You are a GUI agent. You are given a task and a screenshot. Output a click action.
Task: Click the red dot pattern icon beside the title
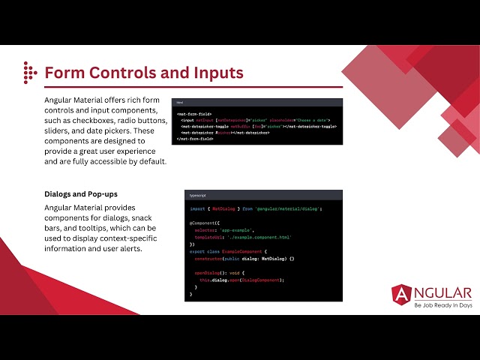tap(29, 72)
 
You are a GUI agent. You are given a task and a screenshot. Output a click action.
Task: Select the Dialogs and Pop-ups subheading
tap(81, 194)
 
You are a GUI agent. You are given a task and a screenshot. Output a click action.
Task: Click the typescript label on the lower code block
tap(199, 194)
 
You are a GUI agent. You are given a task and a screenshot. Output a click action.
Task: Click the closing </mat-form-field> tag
tap(195, 139)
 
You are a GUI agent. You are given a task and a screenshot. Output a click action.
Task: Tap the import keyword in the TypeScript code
tap(197, 208)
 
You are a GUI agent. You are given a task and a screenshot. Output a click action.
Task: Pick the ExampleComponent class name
tap(239, 251)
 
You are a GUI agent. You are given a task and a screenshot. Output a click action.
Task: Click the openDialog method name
tap(207, 272)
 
